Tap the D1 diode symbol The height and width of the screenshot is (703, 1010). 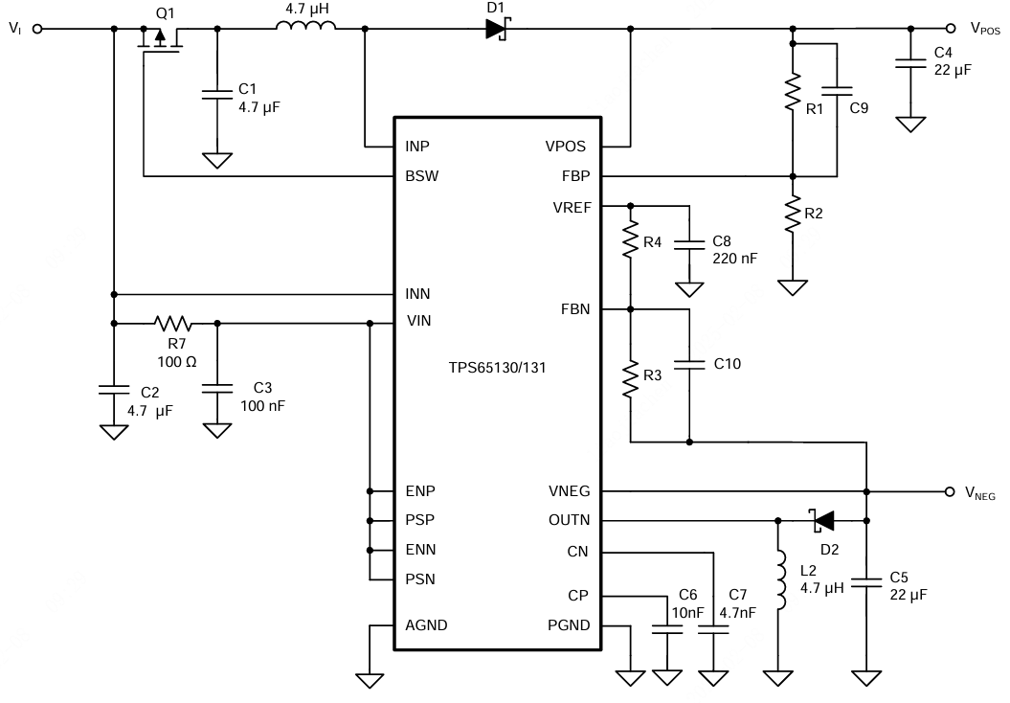point(495,29)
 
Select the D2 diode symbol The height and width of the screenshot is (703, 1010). point(822,520)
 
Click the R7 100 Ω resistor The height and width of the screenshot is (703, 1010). point(172,323)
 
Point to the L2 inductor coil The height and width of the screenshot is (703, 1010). point(778,578)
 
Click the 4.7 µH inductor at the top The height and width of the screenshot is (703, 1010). point(305,28)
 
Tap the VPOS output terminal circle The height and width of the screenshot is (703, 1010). point(950,29)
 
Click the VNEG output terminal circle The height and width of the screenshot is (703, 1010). point(950,491)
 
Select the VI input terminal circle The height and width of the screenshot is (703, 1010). point(37,29)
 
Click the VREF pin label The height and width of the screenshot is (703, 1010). point(572,206)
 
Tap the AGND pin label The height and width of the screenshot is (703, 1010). point(426,625)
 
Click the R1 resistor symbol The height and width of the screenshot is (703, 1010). point(793,94)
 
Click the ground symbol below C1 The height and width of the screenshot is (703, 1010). point(217,159)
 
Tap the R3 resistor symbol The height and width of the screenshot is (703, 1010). point(630,378)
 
